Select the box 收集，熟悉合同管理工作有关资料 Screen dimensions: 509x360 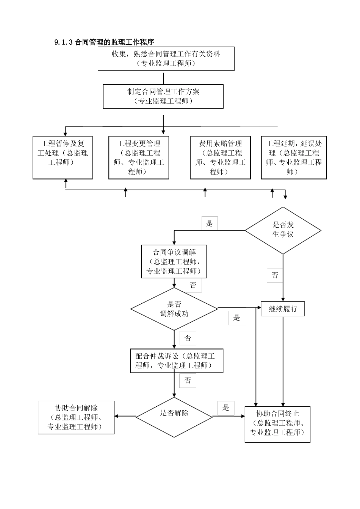coord(166,59)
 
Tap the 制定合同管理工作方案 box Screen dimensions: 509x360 coord(163,96)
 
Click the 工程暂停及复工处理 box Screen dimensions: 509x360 coord(63,158)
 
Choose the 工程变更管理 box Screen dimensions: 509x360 coord(139,158)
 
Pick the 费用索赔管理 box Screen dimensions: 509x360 coord(220,158)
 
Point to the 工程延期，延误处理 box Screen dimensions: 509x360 coord(294,158)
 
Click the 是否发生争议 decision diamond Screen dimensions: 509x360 coord(283,230)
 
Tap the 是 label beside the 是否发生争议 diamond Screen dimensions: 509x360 coord(210,223)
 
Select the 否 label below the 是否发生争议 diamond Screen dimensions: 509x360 coord(275,275)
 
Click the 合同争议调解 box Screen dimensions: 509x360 coord(174,261)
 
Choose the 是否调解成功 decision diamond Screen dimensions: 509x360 coord(174,309)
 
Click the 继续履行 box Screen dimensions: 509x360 coord(283,309)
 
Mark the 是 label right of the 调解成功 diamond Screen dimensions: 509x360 coord(237,318)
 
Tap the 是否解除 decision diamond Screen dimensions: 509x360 coord(174,416)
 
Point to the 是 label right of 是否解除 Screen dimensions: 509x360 coord(226,408)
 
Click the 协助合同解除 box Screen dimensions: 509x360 coord(76,417)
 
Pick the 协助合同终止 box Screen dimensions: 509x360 coord(277,424)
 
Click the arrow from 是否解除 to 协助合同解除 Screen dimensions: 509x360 coord(125,416)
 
